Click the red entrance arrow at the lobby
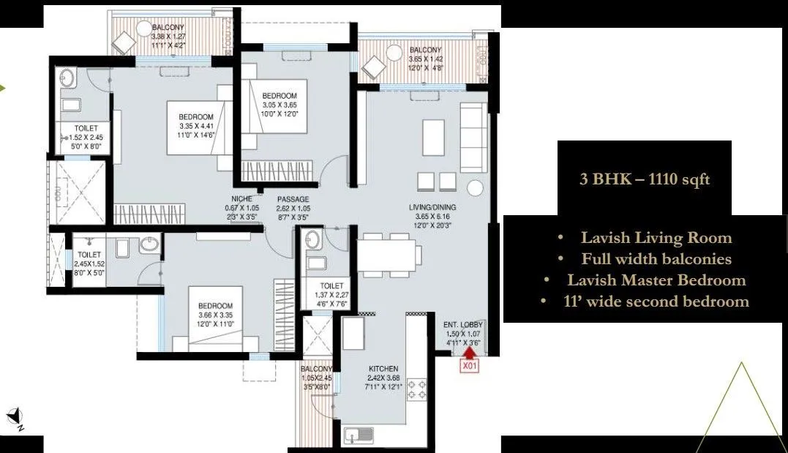[468, 353]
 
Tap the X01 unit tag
[468, 368]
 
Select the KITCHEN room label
[383, 369]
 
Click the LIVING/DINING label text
[432, 208]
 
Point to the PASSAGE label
[293, 199]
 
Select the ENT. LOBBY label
[462, 325]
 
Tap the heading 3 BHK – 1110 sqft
[644, 179]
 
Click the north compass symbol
[15, 419]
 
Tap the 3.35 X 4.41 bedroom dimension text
[195, 126]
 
